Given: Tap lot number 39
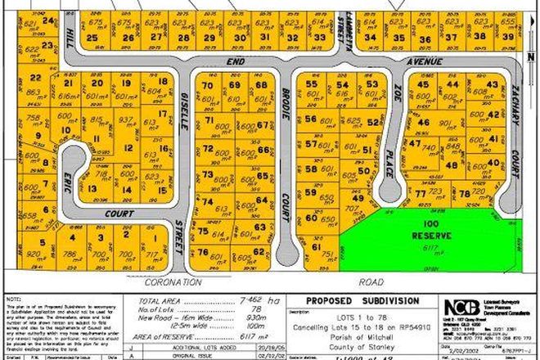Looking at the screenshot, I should (x=507, y=37).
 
